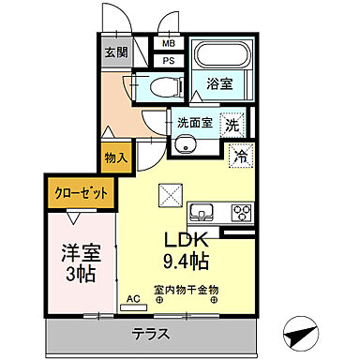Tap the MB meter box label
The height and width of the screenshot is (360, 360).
tap(170, 43)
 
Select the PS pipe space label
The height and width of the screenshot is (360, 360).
tap(170, 61)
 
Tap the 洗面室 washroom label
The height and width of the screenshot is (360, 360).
tap(191, 121)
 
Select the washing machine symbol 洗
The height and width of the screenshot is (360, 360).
tap(231, 121)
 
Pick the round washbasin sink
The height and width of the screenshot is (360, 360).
tap(186, 143)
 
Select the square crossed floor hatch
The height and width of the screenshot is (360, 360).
tap(171, 195)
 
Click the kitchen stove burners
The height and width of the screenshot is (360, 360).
tap(239, 210)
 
